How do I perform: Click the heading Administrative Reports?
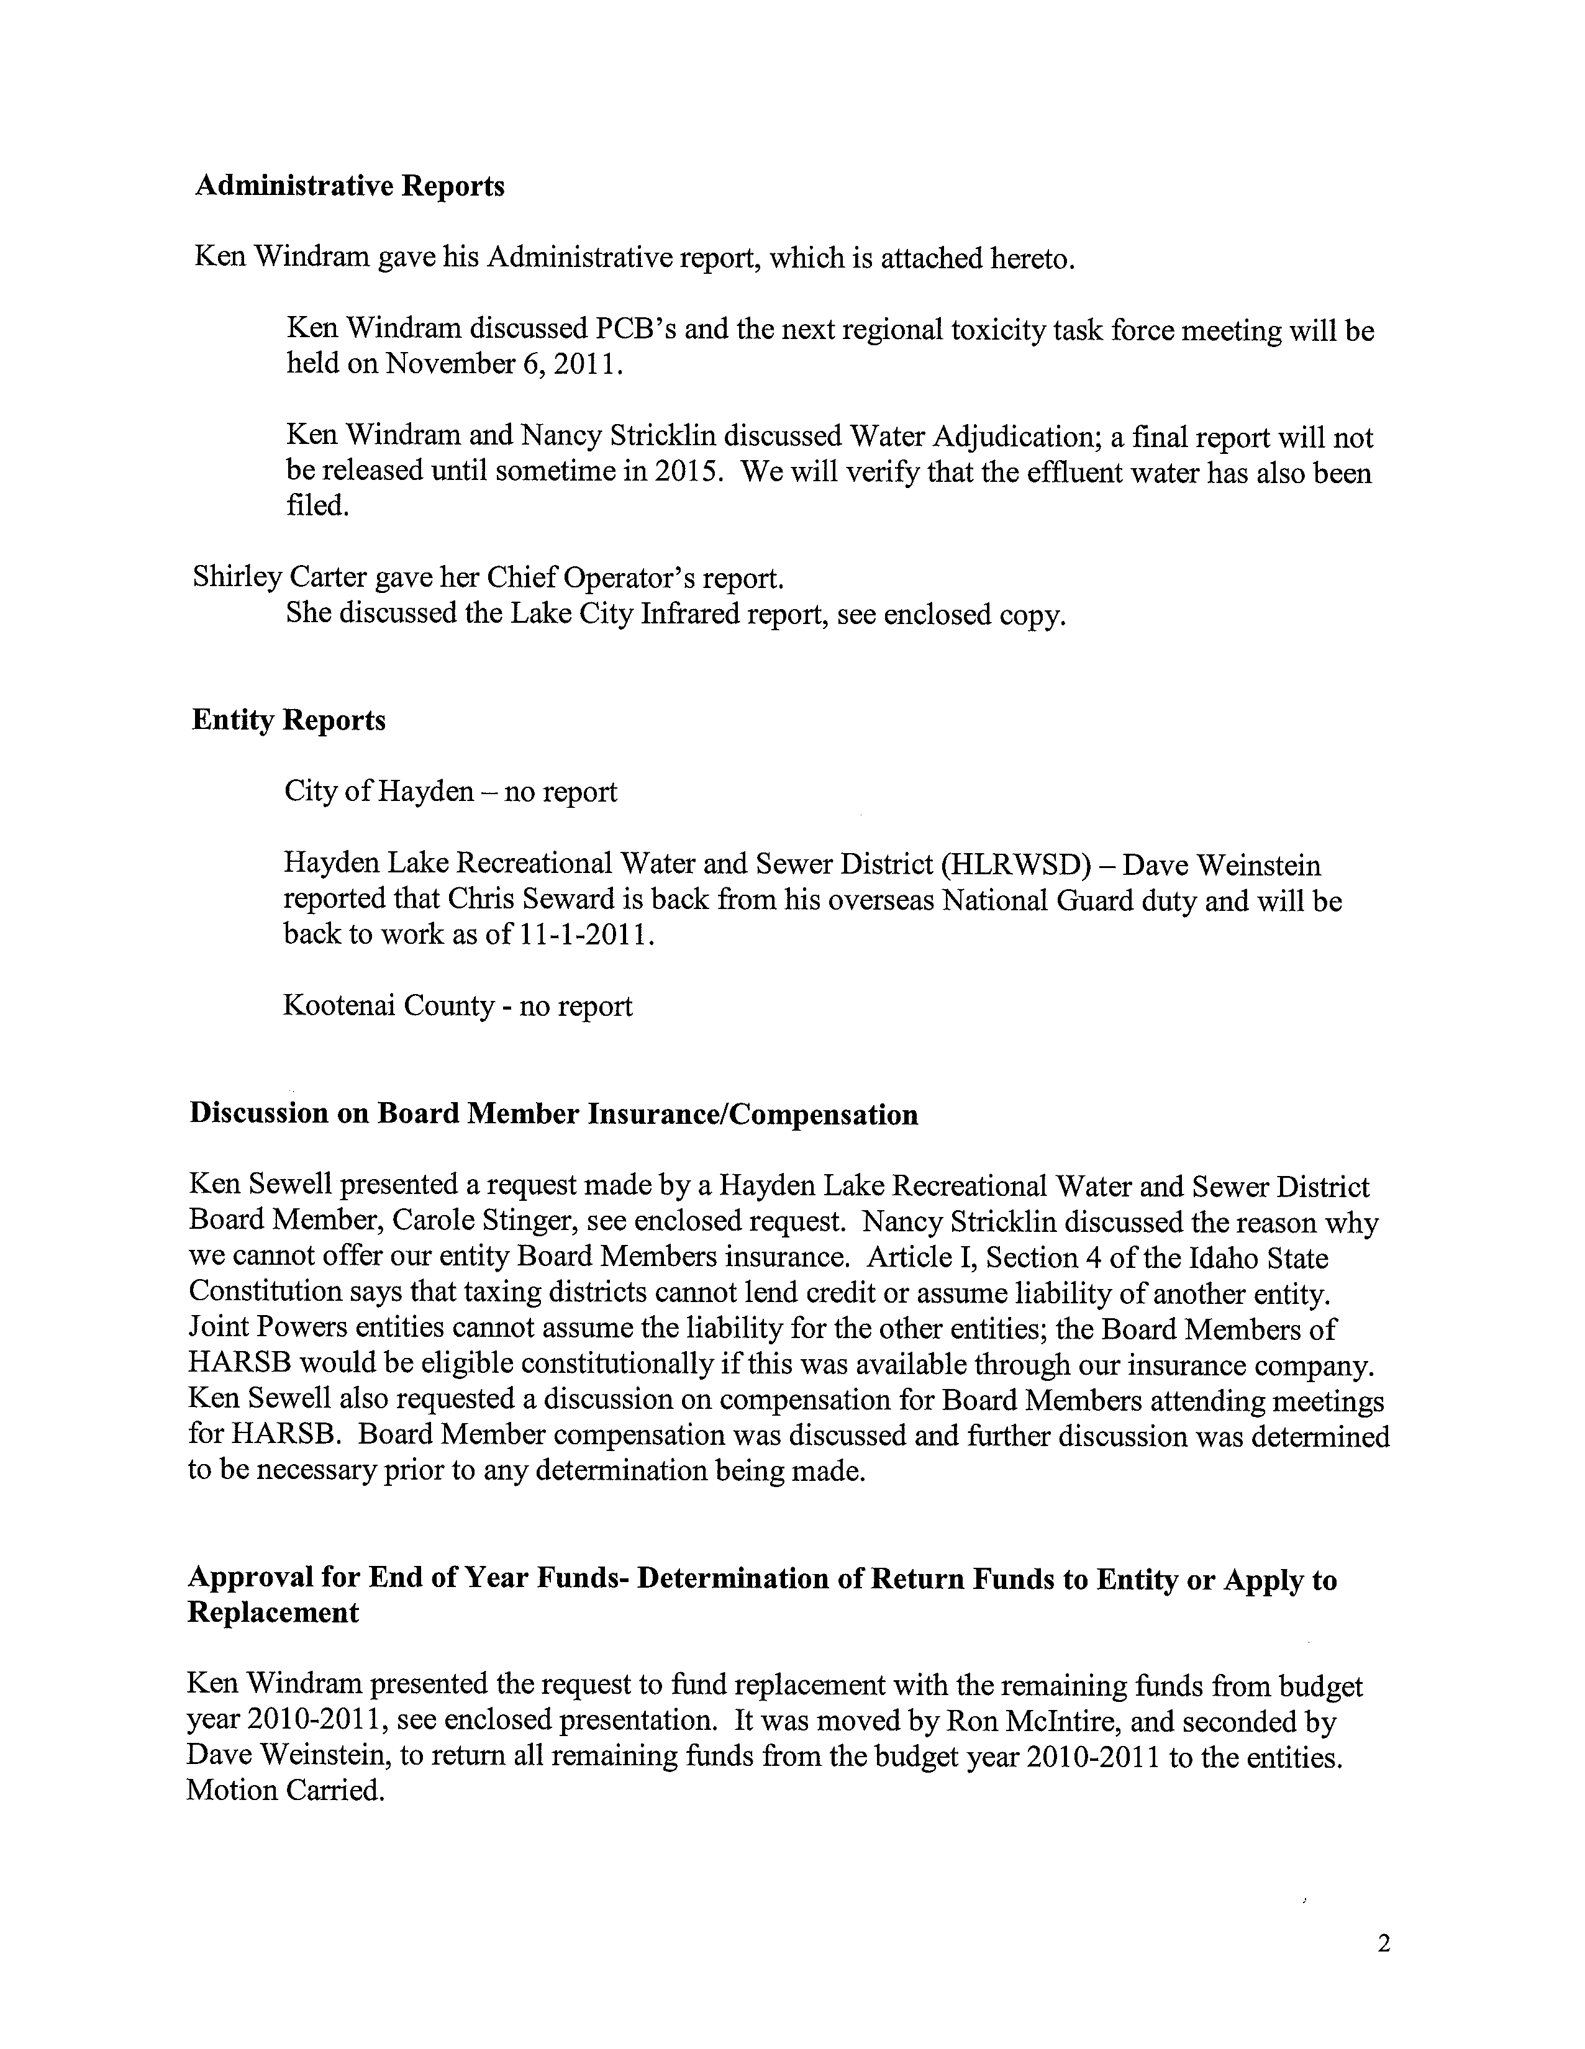tap(349, 187)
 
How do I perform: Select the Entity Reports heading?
tap(288, 720)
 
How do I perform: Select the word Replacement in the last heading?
tap(273, 1613)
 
